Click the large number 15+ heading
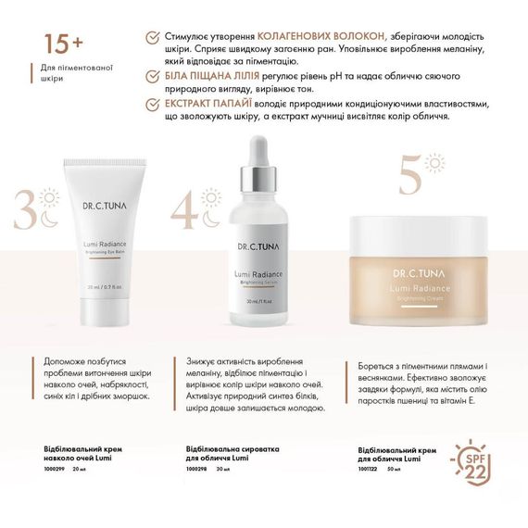click(x=60, y=43)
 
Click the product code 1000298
click(x=196, y=469)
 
